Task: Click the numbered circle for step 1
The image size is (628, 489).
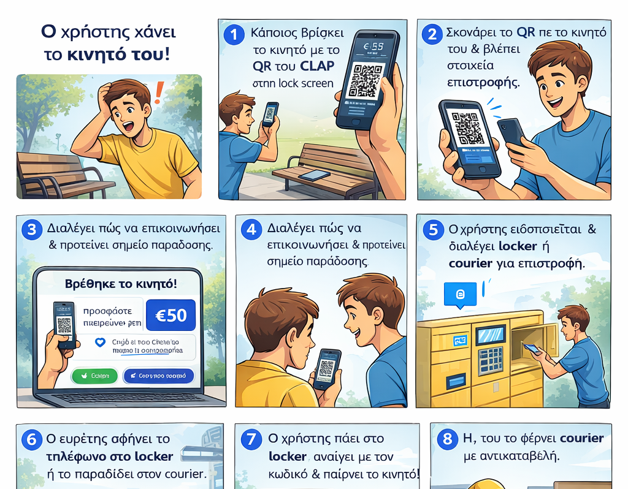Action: click(234, 34)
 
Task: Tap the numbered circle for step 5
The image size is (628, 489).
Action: click(434, 230)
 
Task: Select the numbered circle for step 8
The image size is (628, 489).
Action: click(448, 439)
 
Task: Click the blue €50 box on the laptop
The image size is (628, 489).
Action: click(171, 315)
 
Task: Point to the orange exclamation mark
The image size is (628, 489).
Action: click(159, 93)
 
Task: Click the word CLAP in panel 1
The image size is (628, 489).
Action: click(317, 66)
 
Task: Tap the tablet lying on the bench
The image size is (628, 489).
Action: click(313, 175)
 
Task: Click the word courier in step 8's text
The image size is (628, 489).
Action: click(581, 439)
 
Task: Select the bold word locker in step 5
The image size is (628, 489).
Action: click(518, 247)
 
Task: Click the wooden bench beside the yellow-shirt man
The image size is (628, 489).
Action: click(58, 175)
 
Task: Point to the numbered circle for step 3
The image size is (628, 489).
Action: click(31, 230)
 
